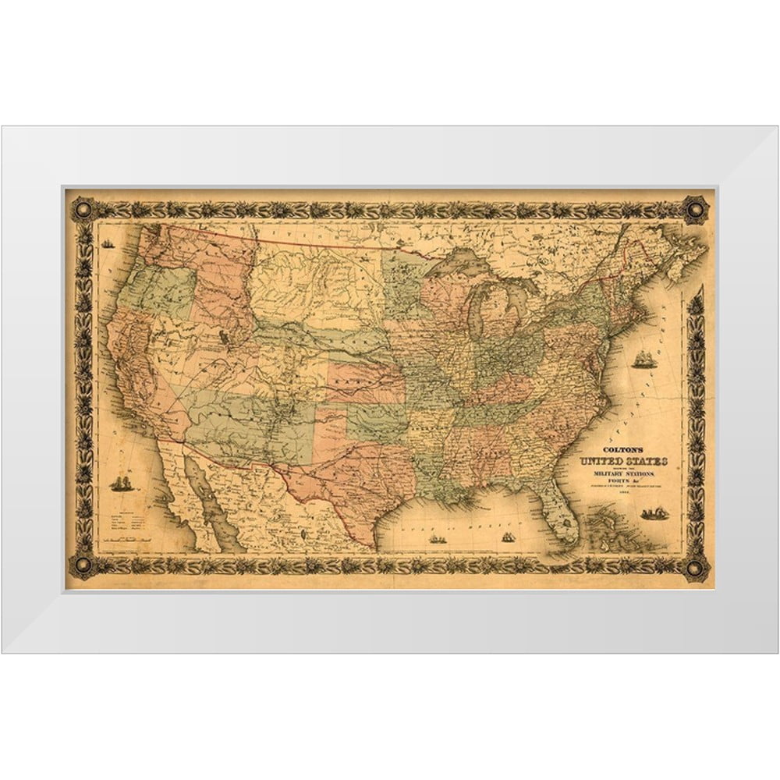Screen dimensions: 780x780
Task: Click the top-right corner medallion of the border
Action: [x=695, y=208]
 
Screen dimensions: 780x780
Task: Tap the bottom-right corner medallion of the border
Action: [x=695, y=566]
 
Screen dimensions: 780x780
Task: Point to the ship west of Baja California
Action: [x=121, y=484]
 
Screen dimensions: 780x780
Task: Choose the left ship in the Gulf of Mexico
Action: [x=437, y=538]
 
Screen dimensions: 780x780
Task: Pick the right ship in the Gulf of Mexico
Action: [x=508, y=537]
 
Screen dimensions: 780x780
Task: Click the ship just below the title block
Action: [x=654, y=512]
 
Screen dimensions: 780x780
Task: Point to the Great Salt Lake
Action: [x=225, y=337]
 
